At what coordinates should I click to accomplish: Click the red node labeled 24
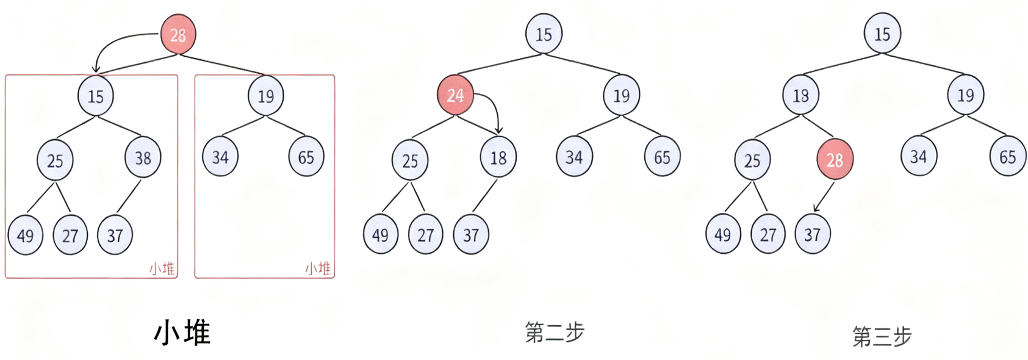tap(455, 96)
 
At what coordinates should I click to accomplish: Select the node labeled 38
tap(143, 158)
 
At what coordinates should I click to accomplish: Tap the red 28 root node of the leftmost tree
tap(178, 35)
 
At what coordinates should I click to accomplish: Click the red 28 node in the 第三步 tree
tap(835, 160)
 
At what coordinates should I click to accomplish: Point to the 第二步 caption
tap(555, 333)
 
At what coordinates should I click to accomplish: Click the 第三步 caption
tap(882, 336)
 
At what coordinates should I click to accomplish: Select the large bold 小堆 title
tap(182, 333)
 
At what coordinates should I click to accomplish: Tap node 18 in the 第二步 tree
tap(498, 158)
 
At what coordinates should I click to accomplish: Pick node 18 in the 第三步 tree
tap(800, 96)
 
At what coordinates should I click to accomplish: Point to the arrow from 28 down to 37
tap(824, 196)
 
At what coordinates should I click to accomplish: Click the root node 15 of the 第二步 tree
tap(544, 34)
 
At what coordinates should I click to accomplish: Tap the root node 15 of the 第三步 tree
tap(882, 34)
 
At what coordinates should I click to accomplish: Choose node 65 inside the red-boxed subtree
tap(306, 157)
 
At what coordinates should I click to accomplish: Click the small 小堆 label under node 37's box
tap(162, 268)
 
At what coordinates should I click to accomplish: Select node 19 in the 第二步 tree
tap(621, 96)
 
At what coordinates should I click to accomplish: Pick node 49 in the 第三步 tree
tap(723, 235)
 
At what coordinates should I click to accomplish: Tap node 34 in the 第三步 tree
tap(919, 157)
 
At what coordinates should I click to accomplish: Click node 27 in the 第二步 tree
tap(425, 235)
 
